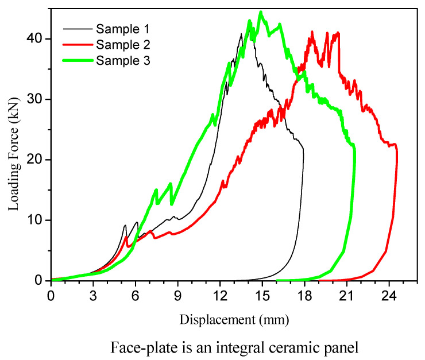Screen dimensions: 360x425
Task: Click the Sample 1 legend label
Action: (x=123, y=28)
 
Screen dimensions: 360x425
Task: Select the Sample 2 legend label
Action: (x=123, y=44)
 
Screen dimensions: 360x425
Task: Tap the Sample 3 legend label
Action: (x=123, y=60)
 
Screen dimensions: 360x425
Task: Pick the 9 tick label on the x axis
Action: (x=178, y=295)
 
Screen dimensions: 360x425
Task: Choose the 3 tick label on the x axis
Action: (x=94, y=295)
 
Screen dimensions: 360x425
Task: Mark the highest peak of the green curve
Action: (x=261, y=11)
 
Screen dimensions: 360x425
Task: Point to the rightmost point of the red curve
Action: (x=397, y=155)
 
